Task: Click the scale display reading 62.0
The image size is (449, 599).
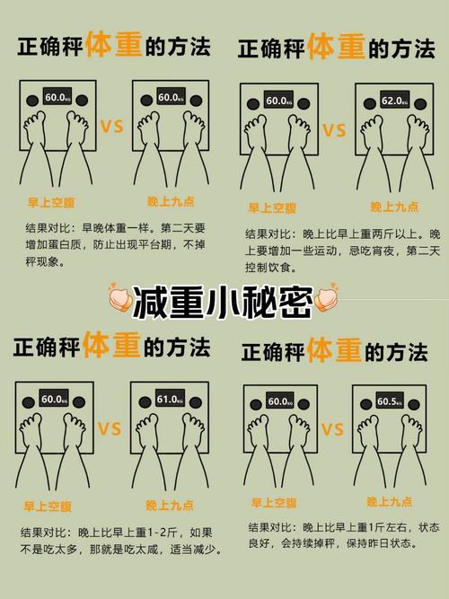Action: coord(393,101)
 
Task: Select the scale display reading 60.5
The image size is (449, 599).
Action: coord(390,401)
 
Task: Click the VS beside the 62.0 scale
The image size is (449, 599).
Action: coord(333,132)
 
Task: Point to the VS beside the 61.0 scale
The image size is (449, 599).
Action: coord(110,429)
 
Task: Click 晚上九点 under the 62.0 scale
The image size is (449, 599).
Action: coord(394,207)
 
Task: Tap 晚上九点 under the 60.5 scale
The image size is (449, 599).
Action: coord(391,501)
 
